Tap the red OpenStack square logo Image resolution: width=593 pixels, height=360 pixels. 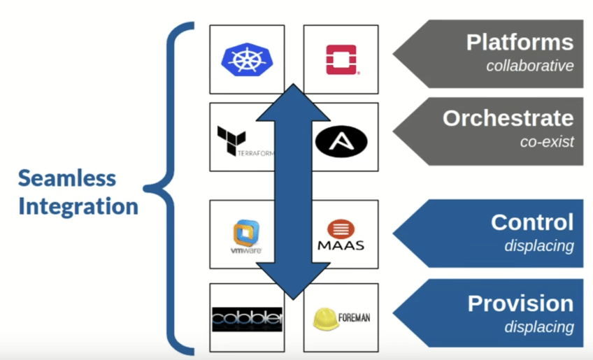[x=341, y=59]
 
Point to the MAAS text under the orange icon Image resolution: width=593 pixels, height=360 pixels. [x=341, y=245]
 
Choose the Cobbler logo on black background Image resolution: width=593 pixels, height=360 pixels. [x=247, y=319]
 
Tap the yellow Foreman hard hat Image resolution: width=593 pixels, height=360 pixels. [x=326, y=318]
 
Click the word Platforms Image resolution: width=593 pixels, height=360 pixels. [x=520, y=42]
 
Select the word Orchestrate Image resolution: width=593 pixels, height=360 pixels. [x=508, y=118]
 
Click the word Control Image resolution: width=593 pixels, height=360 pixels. [x=532, y=222]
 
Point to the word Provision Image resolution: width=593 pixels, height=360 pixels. [x=520, y=303]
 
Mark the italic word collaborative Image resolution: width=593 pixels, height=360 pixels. [x=530, y=66]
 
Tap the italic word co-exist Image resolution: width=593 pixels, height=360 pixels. [x=547, y=142]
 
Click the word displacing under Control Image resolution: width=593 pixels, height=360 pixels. [x=538, y=246]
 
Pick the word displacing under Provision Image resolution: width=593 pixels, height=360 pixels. [x=538, y=326]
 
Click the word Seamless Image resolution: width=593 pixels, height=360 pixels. [x=67, y=178]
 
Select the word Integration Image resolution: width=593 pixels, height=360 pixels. [x=78, y=207]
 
